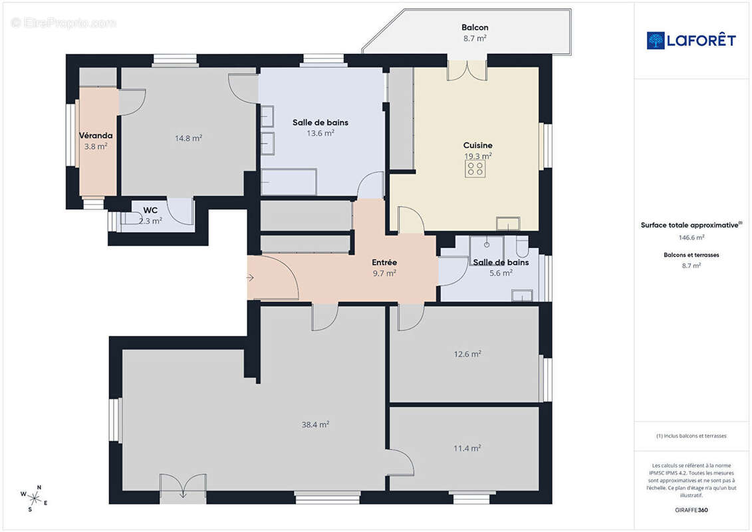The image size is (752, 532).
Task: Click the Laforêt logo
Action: tap(691, 41)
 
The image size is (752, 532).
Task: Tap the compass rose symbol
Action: tap(35, 497)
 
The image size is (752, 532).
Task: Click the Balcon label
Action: tap(475, 28)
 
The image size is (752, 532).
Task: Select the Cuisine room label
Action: tap(477, 145)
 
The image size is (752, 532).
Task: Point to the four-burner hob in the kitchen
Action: tap(475, 168)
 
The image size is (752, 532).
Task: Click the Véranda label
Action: tap(96, 136)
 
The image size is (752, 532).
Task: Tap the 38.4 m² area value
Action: tap(315, 424)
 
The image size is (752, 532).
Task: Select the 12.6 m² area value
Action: tap(467, 354)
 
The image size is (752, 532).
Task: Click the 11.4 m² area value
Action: tap(467, 448)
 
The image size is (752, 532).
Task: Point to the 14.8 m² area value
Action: tap(188, 138)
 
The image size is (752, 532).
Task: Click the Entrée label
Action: tap(384, 263)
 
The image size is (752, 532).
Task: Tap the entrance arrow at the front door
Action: tap(250, 277)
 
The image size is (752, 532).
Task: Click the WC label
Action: tap(150, 210)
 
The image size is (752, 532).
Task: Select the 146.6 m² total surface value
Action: tap(691, 237)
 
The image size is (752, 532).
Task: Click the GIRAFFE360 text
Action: tap(691, 509)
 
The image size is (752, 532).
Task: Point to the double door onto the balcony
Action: tap(467, 70)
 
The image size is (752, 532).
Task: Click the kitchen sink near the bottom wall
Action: tap(508, 223)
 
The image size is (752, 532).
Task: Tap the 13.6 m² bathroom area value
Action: tap(320, 133)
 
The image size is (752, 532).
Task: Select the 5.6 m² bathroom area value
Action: tap(500, 273)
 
